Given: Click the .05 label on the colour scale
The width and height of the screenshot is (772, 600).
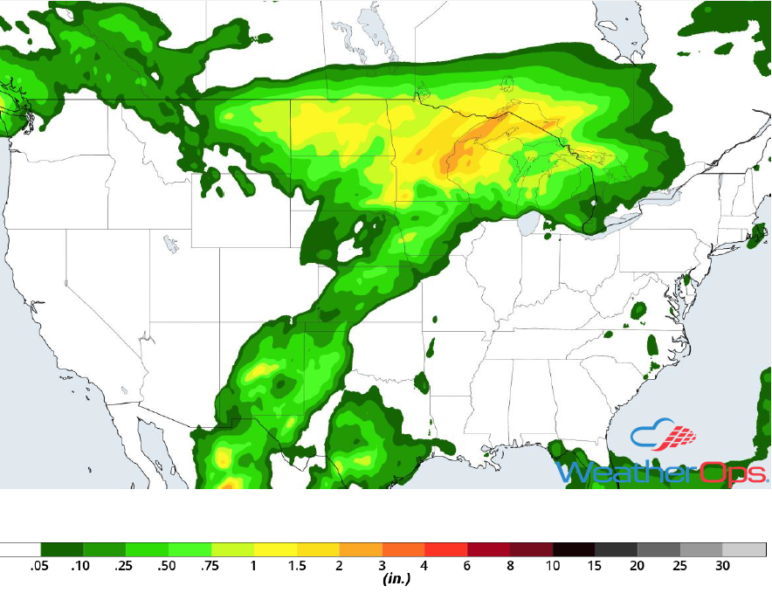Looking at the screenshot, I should click(38, 567).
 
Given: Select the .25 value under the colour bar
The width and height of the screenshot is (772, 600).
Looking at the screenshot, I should click(124, 567).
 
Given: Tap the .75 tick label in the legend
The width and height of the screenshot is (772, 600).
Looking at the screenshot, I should click(210, 567).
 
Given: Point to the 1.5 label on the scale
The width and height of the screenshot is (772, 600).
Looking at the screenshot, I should click(296, 567).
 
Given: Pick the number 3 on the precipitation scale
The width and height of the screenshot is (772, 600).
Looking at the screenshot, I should click(382, 567).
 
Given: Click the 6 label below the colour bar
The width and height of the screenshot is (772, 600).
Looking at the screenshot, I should click(467, 567).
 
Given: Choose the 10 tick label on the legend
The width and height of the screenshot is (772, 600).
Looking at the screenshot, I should click(552, 567).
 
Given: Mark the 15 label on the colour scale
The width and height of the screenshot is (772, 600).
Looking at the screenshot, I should click(595, 567).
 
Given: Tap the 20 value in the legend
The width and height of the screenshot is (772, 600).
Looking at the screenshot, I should click(638, 567).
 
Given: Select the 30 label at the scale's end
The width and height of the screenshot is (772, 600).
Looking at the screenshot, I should click(722, 567).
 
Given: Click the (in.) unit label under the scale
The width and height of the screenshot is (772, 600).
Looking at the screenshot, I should click(397, 579).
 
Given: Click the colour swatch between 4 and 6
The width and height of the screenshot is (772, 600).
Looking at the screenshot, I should click(445, 549).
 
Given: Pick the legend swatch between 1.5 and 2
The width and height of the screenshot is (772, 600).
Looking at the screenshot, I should click(317, 549).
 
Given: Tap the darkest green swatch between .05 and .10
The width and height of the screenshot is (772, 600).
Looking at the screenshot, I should click(60, 549).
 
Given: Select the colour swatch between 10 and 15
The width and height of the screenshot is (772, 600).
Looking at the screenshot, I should click(574, 549).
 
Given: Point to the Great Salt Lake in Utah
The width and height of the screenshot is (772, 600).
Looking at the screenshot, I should click(167, 241).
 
